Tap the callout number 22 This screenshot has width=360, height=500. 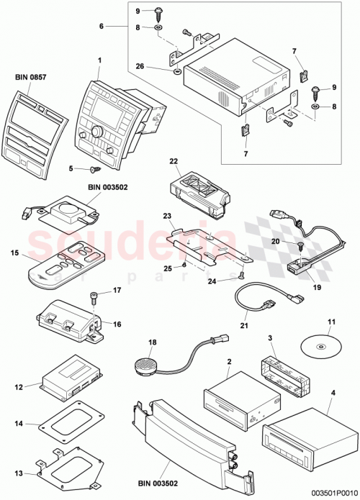click(173, 161)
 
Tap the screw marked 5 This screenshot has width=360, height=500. click(93, 171)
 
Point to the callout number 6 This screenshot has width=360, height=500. click(101, 26)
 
